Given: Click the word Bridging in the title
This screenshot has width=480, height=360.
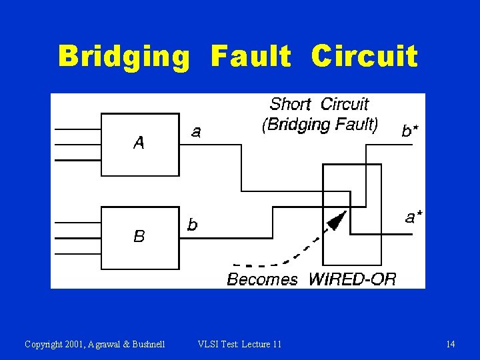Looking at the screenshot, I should tap(123, 57).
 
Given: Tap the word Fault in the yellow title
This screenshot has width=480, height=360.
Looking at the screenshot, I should tap(251, 57).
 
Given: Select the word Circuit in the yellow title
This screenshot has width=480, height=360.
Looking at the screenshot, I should tap(364, 57).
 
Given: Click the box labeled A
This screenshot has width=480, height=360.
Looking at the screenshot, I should tap(139, 144).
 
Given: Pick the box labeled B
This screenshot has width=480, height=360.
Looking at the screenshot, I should tap(139, 237).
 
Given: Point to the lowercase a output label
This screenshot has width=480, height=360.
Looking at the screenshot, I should tap(196, 133).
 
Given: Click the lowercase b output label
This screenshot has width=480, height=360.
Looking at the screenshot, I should tap(192, 225).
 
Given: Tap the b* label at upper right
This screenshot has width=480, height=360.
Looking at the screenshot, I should tap(410, 131).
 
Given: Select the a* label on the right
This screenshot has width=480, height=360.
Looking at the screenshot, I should tap(413, 217).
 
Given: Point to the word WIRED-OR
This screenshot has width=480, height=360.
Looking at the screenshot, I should tap(352, 279).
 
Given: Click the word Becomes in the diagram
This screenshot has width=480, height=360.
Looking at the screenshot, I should tap(262, 279).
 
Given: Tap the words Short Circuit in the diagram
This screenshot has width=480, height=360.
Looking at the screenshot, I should tap(319, 104).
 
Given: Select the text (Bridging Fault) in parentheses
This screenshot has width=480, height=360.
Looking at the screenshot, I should tap(320, 124).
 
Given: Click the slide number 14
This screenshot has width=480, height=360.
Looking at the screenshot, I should tap(451, 344).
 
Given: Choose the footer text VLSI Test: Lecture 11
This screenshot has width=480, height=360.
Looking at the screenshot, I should tap(239, 344).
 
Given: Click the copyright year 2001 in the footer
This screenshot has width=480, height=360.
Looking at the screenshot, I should tap(78, 344).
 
